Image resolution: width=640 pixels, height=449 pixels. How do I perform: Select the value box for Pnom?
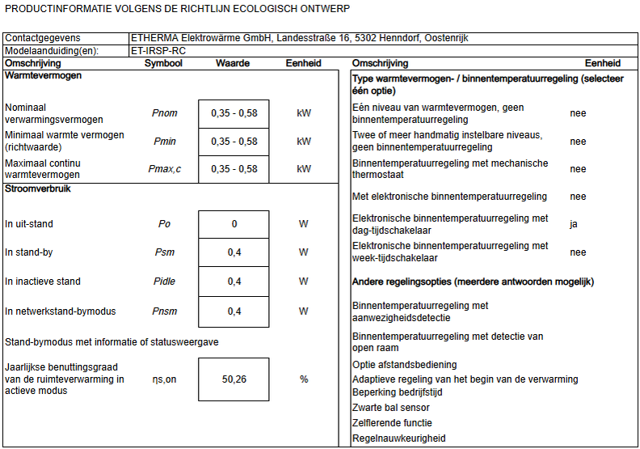click(x=234, y=113)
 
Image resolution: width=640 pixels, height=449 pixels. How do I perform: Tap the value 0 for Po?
click(x=234, y=224)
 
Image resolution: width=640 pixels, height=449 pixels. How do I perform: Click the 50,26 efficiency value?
click(x=234, y=379)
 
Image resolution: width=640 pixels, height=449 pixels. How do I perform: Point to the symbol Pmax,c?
click(x=166, y=169)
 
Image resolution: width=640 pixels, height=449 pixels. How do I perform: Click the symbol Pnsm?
click(x=164, y=311)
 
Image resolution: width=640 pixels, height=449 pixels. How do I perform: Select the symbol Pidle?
click(x=164, y=282)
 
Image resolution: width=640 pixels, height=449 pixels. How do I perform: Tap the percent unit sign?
click(x=304, y=379)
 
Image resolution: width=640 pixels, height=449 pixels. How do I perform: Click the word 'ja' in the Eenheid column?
click(x=574, y=224)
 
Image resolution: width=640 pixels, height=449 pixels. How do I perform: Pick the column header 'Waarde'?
click(x=233, y=63)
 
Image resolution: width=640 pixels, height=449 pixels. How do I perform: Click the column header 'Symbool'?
click(x=163, y=63)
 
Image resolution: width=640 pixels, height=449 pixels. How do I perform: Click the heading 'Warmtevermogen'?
click(x=43, y=75)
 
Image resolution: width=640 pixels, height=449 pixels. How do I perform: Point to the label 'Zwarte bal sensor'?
click(x=392, y=408)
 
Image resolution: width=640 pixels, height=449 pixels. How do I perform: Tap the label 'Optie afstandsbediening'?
click(x=405, y=365)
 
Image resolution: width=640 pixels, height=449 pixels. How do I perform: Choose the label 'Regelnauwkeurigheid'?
click(x=398, y=438)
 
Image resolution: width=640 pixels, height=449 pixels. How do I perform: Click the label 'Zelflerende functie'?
click(x=393, y=423)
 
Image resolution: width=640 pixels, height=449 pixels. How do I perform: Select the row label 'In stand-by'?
click(x=29, y=252)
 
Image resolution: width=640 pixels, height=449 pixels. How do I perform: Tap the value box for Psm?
click(x=234, y=252)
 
